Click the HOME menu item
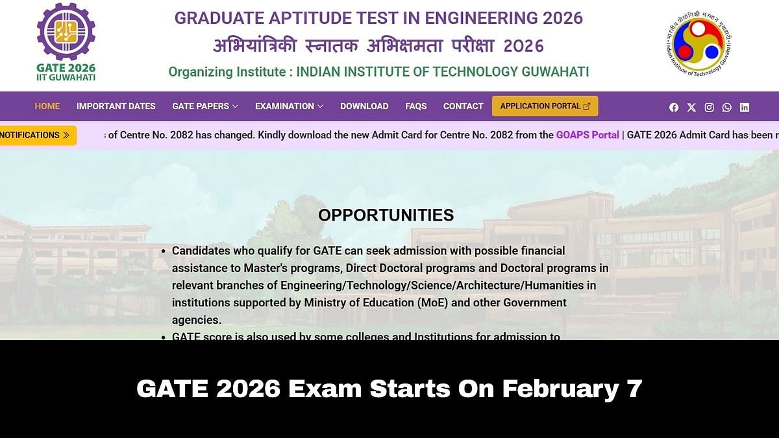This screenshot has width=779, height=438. click(47, 106)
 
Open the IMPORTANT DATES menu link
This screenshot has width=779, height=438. click(116, 106)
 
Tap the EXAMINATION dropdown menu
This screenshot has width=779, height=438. click(289, 106)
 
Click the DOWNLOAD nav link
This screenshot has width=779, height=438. click(364, 106)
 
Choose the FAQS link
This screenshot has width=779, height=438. click(416, 106)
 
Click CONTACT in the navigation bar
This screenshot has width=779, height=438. click(463, 106)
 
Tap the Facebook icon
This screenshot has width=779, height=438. click(674, 108)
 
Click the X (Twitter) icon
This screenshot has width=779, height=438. click(691, 108)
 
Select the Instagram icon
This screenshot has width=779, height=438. click(710, 108)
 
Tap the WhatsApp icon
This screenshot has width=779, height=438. click(727, 108)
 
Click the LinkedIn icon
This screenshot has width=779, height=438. click(745, 108)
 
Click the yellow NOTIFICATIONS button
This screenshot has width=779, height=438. click(36, 136)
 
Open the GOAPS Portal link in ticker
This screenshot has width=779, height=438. click(587, 136)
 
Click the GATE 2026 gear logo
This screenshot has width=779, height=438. click(66, 32)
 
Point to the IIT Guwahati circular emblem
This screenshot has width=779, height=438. click(699, 44)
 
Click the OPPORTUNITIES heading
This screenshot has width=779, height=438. click(386, 215)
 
